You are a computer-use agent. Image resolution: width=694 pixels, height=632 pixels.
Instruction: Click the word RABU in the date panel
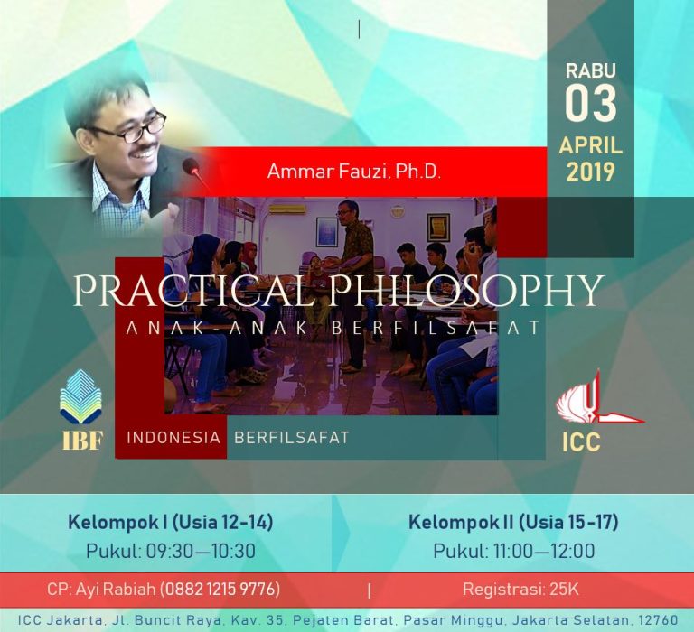[590, 70]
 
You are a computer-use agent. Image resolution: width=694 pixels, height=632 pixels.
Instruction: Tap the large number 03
[590, 104]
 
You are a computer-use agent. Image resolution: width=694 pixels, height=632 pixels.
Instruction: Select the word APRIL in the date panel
[590, 145]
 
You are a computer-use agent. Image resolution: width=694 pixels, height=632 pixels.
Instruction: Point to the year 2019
[590, 172]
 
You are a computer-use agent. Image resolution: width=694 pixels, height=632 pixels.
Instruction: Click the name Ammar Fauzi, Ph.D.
[354, 172]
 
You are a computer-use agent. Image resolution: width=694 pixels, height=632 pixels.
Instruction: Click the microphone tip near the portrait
[191, 165]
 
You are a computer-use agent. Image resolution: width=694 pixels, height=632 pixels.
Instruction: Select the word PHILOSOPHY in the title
[465, 292]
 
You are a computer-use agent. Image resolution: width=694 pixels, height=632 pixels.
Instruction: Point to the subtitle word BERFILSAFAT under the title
[436, 328]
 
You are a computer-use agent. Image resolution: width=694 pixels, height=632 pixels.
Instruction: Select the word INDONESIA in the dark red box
[173, 437]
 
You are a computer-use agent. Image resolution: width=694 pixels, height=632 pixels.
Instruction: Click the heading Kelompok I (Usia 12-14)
[171, 522]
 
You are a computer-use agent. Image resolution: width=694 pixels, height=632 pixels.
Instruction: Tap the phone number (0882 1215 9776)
[220, 589]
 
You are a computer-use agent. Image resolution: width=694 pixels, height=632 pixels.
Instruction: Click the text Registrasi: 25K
[520, 589]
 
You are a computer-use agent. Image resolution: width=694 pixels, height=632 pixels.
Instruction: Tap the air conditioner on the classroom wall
[285, 209]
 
